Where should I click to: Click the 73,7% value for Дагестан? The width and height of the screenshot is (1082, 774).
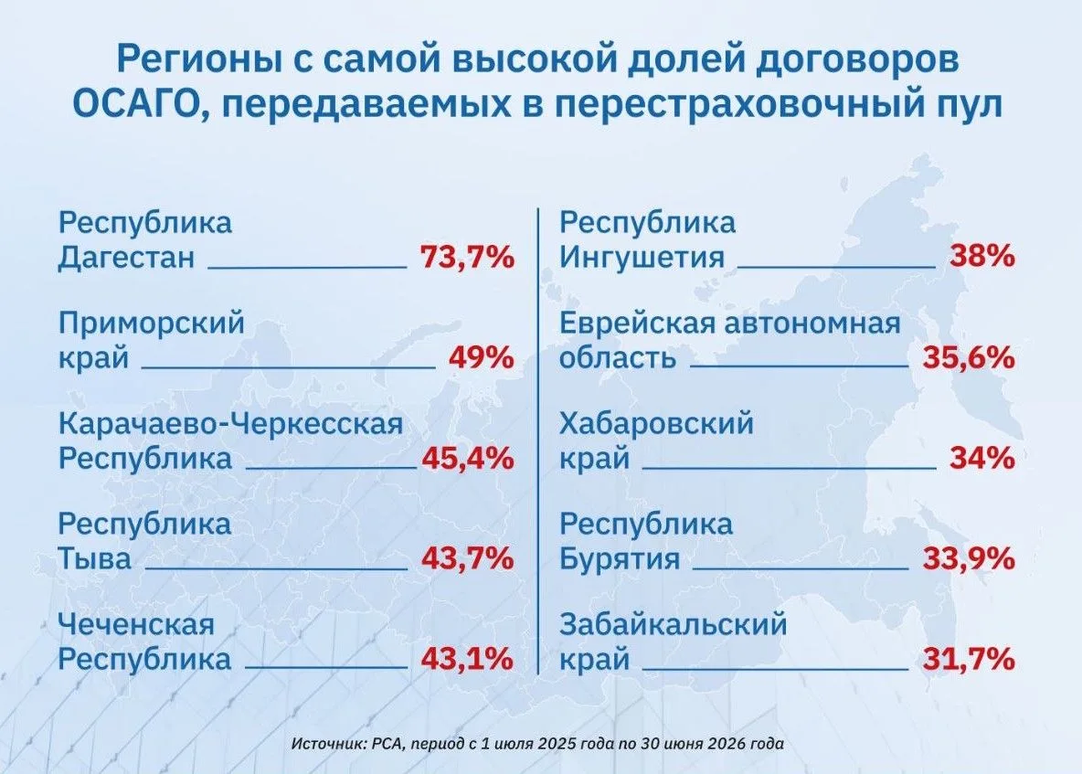pos(467,258)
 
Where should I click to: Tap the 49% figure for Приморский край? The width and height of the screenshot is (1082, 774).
pos(482,358)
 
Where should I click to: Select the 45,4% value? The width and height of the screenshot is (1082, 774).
pos(468,458)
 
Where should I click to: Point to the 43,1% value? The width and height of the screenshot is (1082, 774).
pos(467,659)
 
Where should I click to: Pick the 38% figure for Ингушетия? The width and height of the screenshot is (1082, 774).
pos(982,257)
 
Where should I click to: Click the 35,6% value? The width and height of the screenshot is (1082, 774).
pos(969,358)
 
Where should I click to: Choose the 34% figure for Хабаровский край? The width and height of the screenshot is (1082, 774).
pos(982,458)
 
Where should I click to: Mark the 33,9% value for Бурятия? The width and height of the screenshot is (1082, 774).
pos(969,558)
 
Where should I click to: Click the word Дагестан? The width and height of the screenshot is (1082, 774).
pos(126,258)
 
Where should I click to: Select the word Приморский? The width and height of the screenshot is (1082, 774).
pos(152,323)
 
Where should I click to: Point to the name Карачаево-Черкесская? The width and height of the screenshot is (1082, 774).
pos(230,424)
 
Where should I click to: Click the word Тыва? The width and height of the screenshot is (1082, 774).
pos(94,558)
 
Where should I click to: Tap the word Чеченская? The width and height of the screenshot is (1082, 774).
pos(137,625)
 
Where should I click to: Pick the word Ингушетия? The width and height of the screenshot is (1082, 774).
pos(642,258)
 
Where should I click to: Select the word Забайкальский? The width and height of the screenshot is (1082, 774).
pos(674,625)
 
